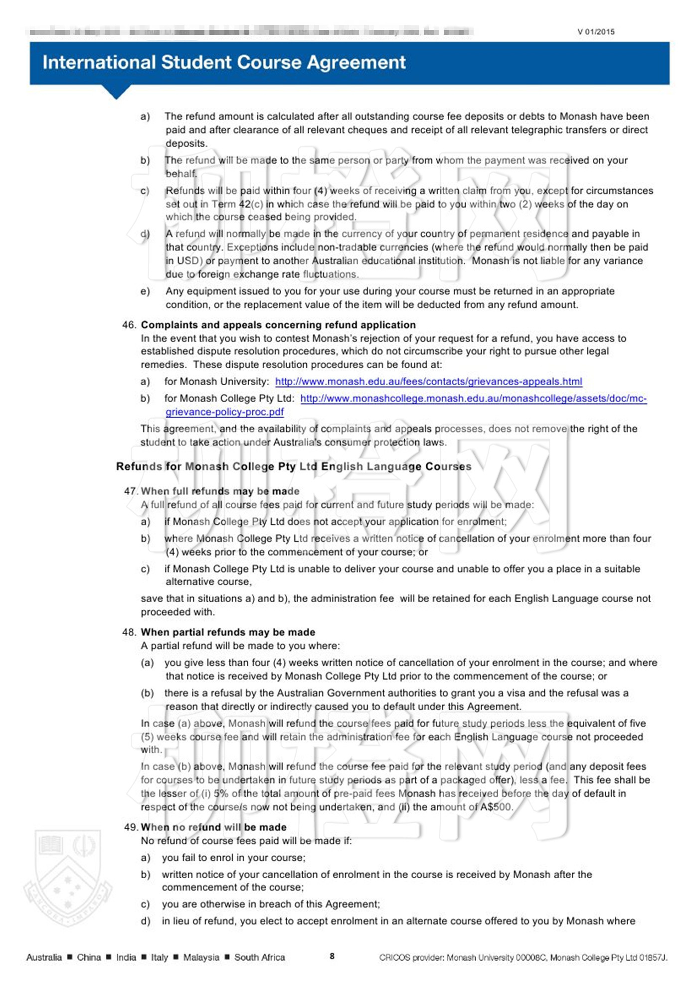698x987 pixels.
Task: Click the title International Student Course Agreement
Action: (224, 63)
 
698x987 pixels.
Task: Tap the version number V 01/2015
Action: (596, 32)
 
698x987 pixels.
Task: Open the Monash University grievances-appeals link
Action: (428, 382)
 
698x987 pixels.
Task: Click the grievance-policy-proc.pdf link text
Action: (224, 412)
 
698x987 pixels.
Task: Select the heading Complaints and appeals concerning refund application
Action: (278, 325)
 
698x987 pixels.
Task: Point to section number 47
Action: (131, 492)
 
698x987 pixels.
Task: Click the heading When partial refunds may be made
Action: (228, 632)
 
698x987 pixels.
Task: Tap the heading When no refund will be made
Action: (213, 827)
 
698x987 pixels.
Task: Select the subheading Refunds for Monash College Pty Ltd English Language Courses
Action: (294, 467)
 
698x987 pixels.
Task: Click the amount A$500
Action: (496, 807)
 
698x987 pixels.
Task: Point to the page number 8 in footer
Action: (332, 956)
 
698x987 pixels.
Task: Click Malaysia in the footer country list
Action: (201, 957)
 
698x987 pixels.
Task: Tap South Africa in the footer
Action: (259, 957)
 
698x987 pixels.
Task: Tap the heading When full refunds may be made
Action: (220, 492)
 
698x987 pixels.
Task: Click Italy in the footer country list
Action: (160, 957)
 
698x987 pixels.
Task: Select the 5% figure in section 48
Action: (221, 793)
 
